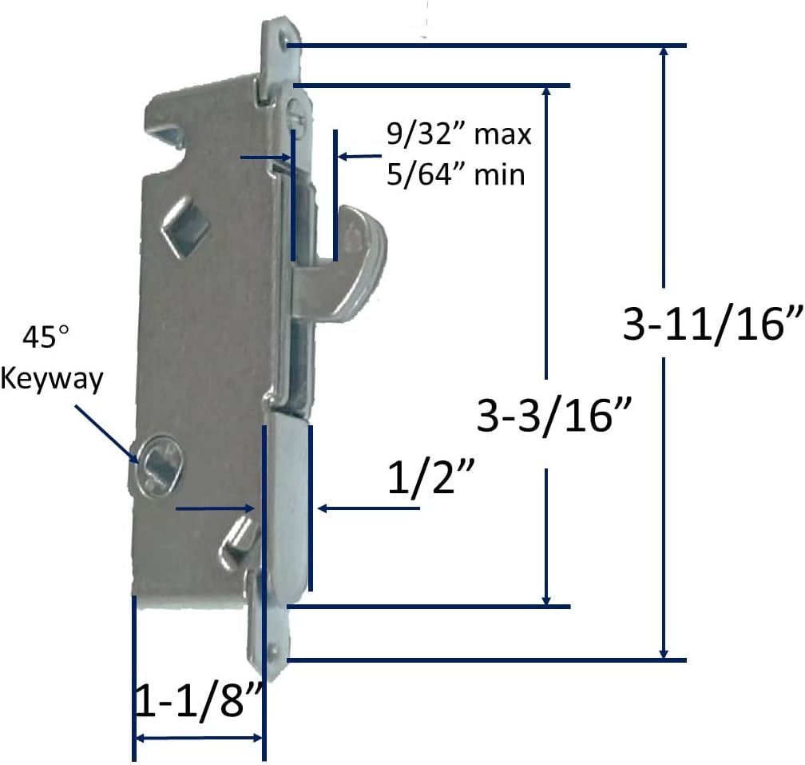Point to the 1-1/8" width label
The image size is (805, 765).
(x=196, y=701)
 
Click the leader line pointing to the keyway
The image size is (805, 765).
(x=106, y=432)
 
